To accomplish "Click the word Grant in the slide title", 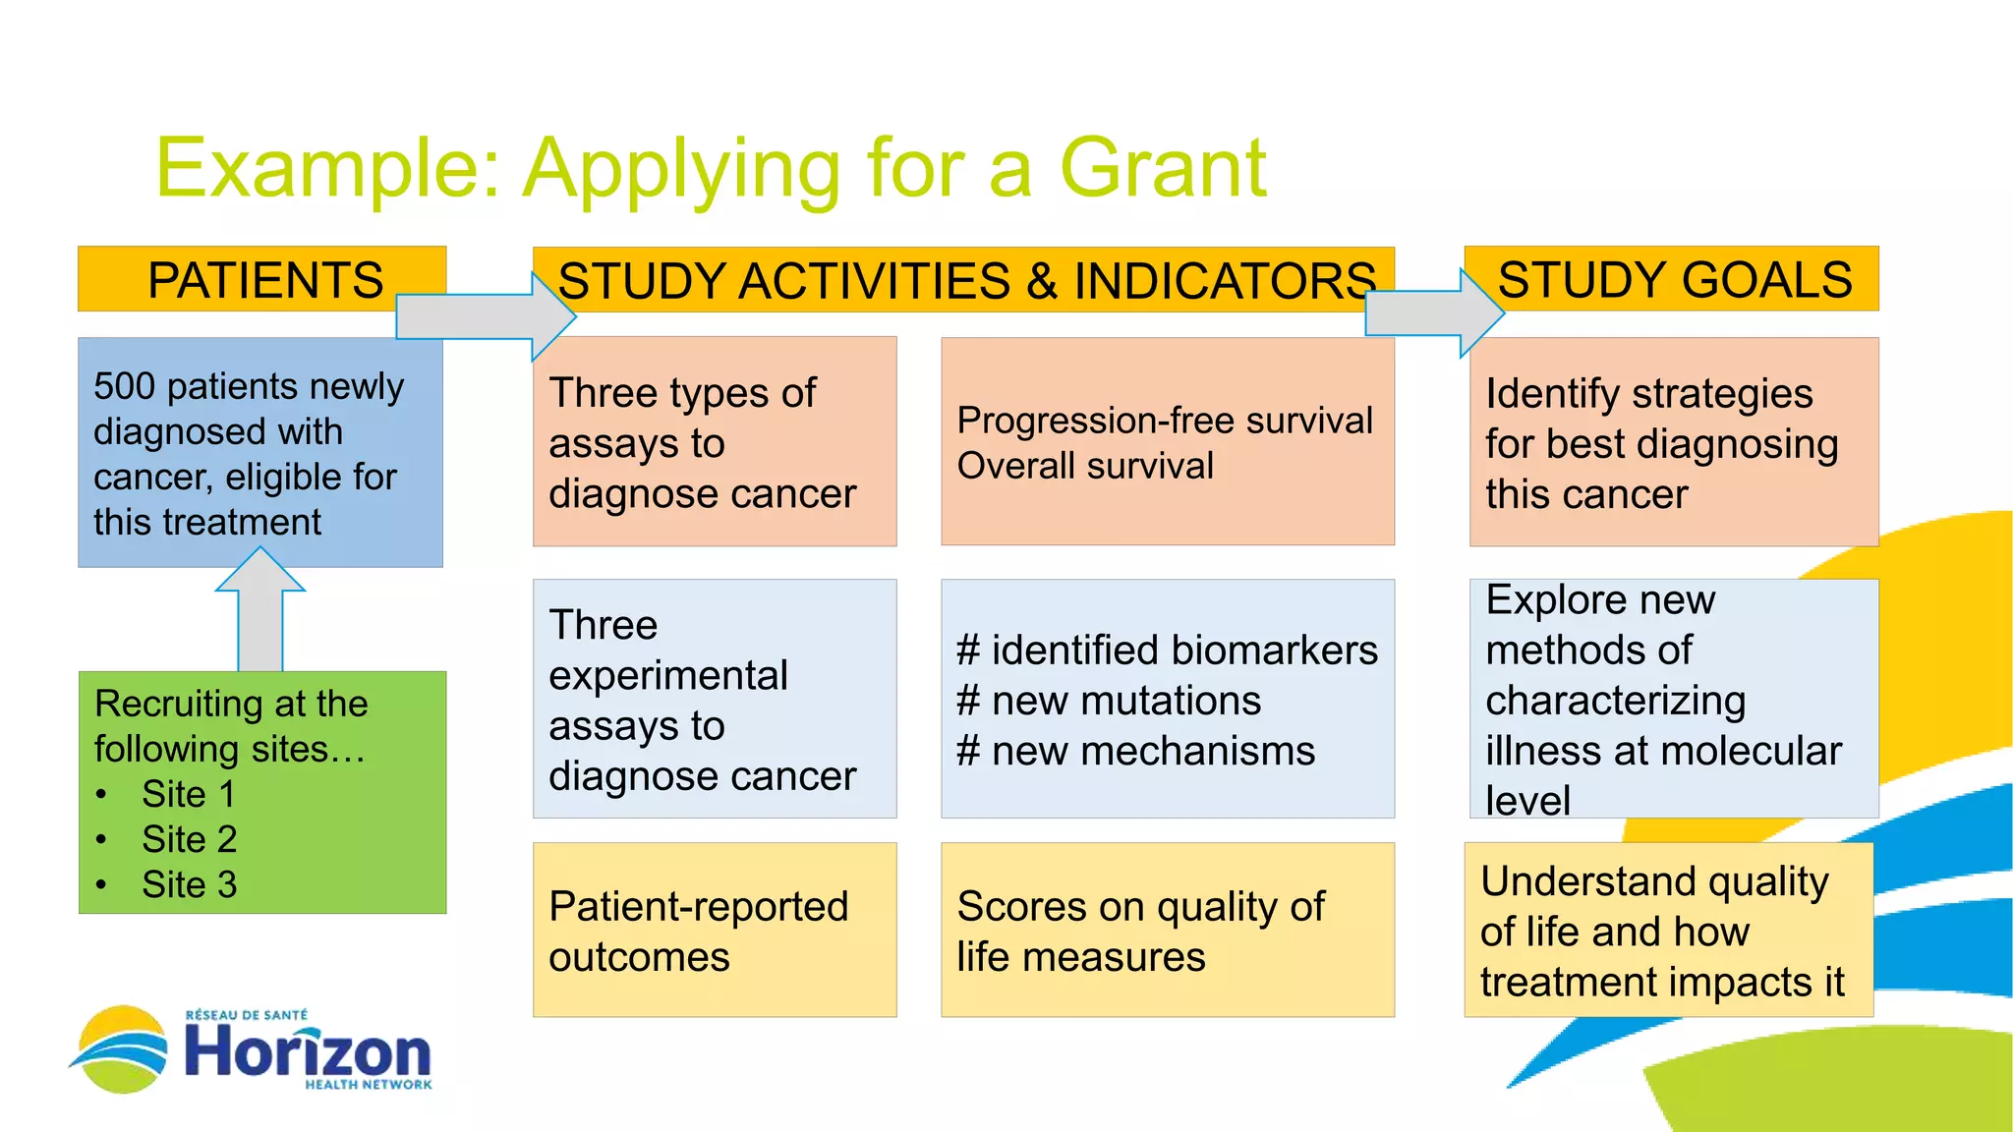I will (1163, 168).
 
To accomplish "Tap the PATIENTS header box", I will (262, 279).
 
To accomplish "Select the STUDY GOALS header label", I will (1674, 279).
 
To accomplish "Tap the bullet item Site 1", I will (188, 794).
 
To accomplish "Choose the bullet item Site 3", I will (189, 884).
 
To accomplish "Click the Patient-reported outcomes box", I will (715, 930).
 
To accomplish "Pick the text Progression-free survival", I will (1165, 421).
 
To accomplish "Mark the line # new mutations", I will (1109, 701).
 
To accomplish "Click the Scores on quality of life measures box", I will (1167, 930).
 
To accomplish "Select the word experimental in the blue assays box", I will (668, 675).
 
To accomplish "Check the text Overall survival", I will (1085, 466).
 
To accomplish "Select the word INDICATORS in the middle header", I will (1225, 281).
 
